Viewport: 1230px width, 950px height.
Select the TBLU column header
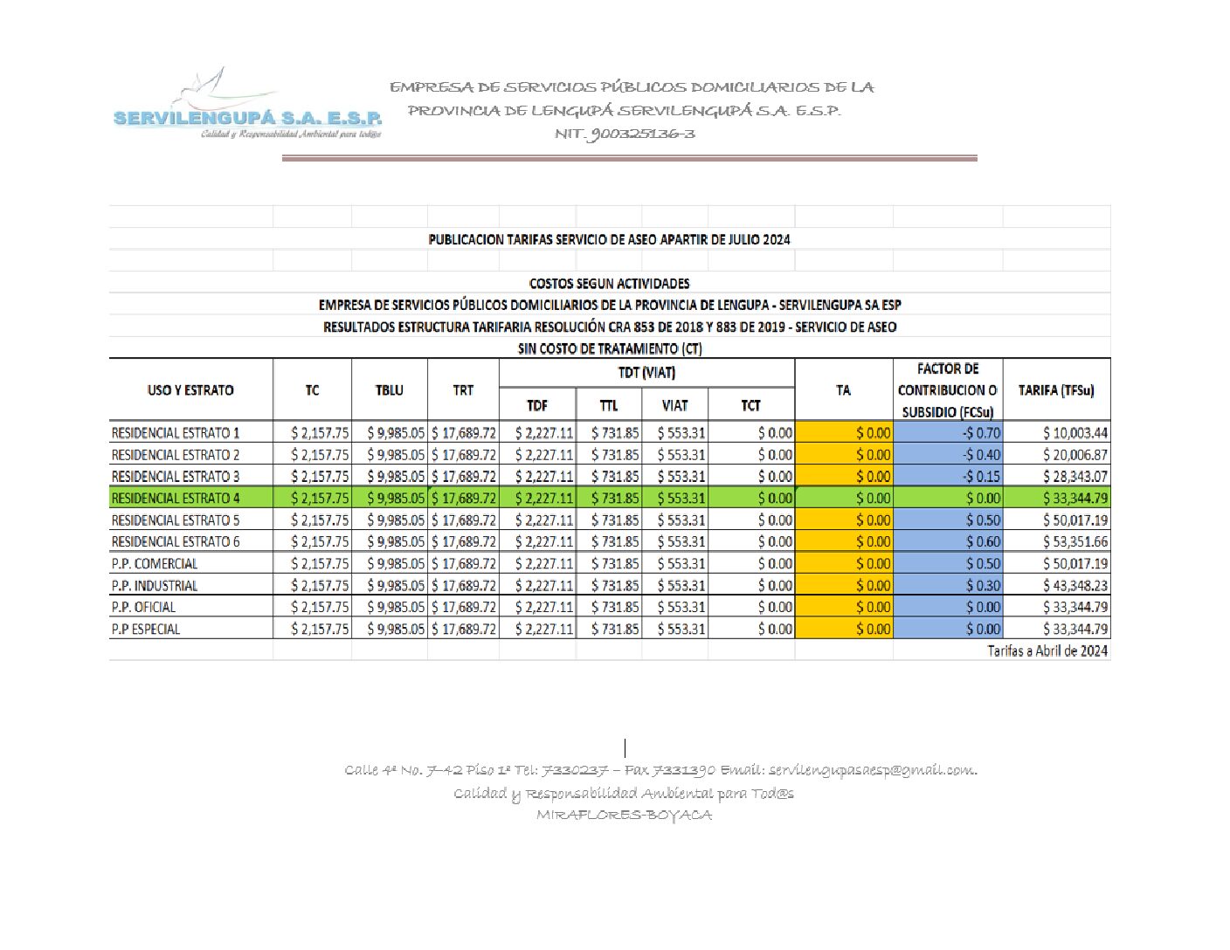(390, 390)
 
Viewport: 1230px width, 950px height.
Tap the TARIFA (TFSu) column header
(1056, 390)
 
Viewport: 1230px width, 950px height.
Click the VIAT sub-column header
(674, 405)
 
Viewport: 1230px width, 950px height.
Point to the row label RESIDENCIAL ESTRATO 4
(176, 499)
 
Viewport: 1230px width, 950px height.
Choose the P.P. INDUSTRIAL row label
(155, 586)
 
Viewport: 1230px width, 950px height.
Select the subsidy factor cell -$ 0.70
(981, 433)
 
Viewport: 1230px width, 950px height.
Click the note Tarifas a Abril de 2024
(1047, 651)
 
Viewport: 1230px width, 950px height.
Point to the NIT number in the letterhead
(625, 134)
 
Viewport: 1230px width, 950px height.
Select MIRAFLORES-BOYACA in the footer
(624, 816)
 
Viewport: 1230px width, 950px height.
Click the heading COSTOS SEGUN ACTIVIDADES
(609, 284)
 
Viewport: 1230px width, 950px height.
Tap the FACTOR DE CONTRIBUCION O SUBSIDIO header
(948, 390)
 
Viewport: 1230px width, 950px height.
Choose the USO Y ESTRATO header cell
(190, 390)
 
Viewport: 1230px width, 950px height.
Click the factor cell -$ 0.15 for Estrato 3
(981, 477)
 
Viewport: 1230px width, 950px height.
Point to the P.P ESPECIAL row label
(146, 630)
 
